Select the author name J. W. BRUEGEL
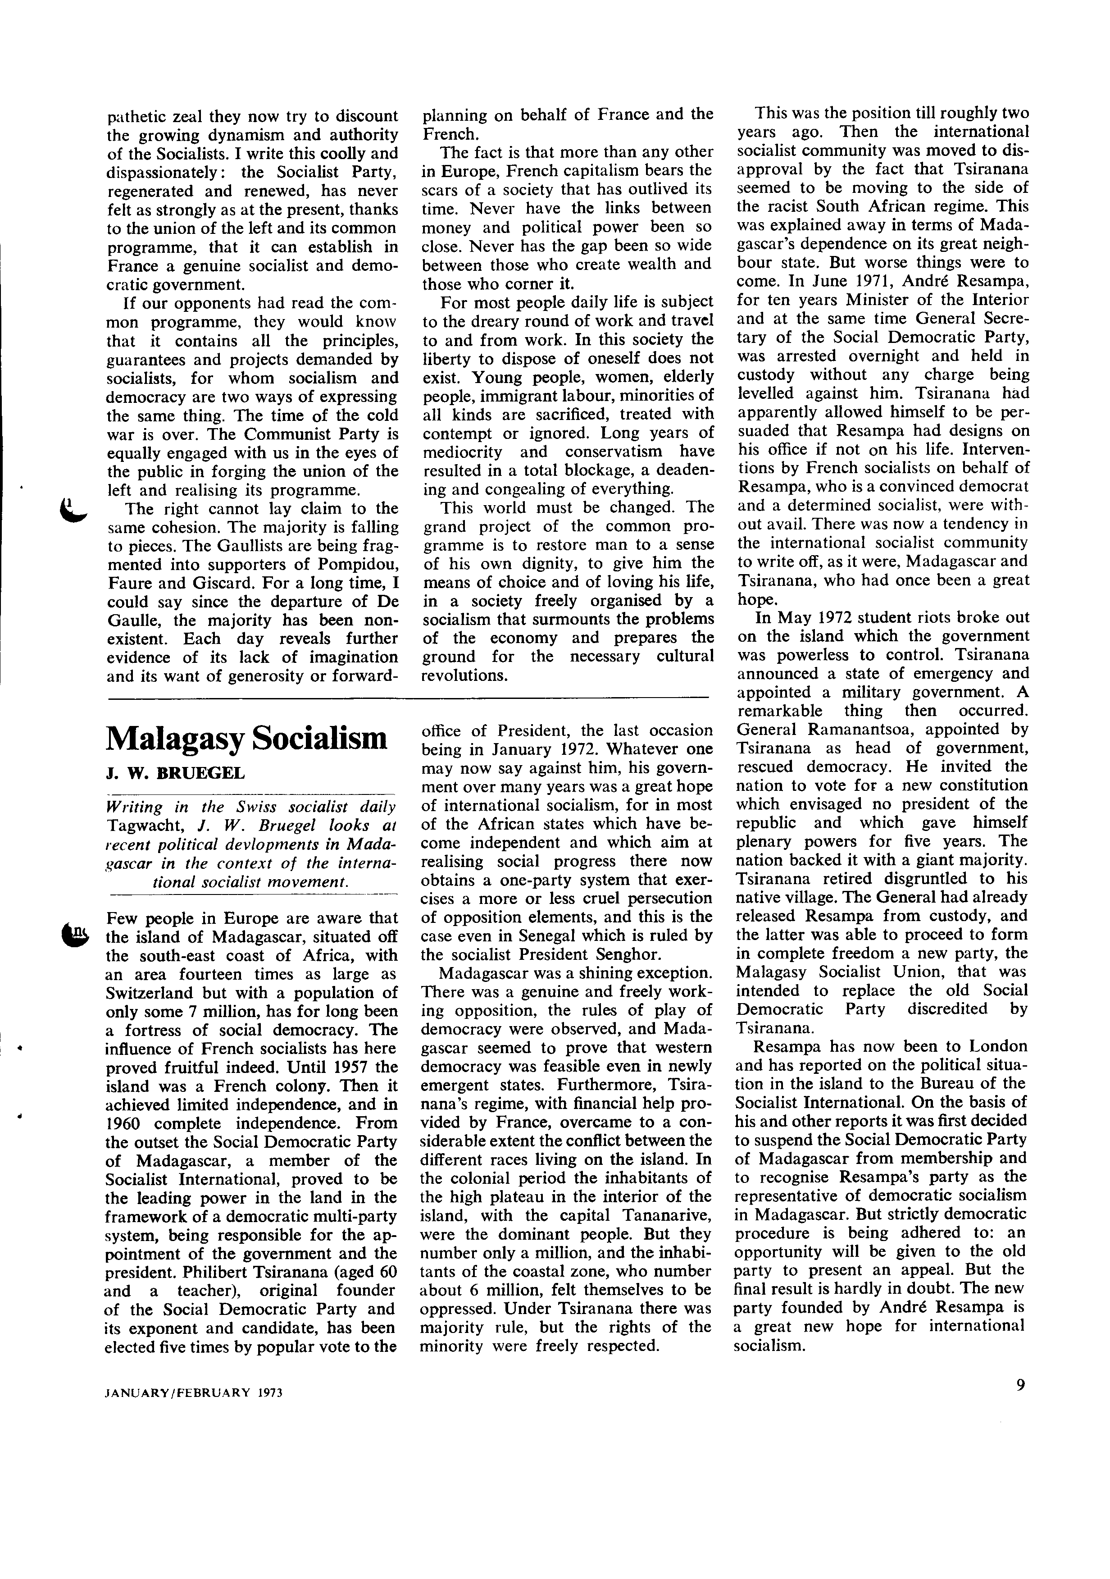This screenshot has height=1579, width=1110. [175, 773]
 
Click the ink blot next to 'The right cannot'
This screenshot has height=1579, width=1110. [72, 512]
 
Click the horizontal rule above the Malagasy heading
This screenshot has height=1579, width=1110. [408, 699]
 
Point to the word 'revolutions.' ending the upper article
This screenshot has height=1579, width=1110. [464, 675]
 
